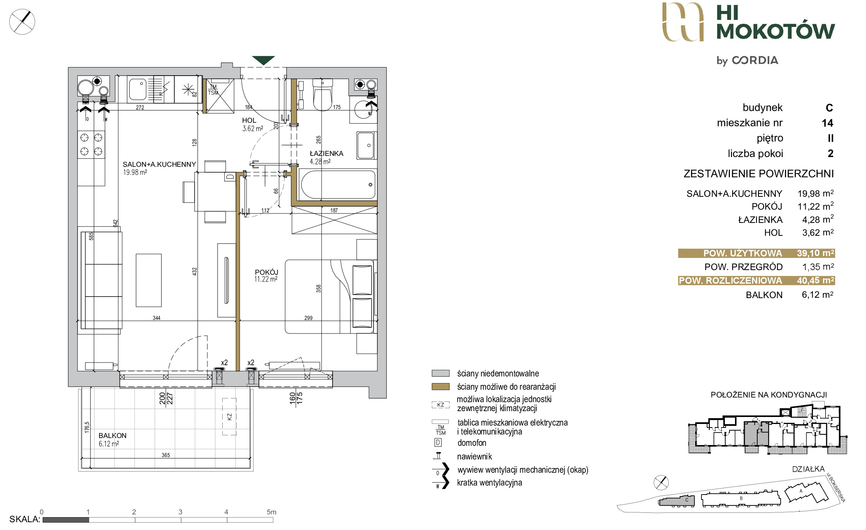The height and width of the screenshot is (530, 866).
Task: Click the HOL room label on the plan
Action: [x=249, y=121]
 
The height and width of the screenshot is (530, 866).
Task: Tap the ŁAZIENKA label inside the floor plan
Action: [x=326, y=154]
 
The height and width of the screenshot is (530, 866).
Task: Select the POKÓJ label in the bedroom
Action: [x=266, y=272]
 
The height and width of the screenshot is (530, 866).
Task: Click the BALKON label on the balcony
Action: [x=112, y=435]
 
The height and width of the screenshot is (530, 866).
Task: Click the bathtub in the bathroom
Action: [x=338, y=185]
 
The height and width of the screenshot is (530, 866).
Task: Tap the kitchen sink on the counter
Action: [x=137, y=89]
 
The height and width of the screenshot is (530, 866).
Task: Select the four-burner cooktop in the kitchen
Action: [x=91, y=144]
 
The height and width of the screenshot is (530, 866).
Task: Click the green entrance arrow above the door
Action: [x=263, y=60]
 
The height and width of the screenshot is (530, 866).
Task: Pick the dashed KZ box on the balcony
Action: [x=229, y=417]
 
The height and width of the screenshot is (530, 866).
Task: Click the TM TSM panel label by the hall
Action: [x=213, y=90]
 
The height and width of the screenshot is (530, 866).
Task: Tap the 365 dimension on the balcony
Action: [x=166, y=455]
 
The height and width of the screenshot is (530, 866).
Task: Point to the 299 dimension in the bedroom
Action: [x=308, y=318]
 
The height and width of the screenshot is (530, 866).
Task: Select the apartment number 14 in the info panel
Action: [x=827, y=123]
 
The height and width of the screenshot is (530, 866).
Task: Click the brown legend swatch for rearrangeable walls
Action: [x=441, y=387]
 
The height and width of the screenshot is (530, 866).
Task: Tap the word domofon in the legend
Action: [x=472, y=443]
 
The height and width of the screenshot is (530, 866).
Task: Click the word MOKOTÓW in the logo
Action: [x=776, y=31]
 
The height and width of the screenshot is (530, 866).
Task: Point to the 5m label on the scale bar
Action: [x=271, y=512]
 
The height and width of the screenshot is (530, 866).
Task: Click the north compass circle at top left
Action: [x=22, y=22]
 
